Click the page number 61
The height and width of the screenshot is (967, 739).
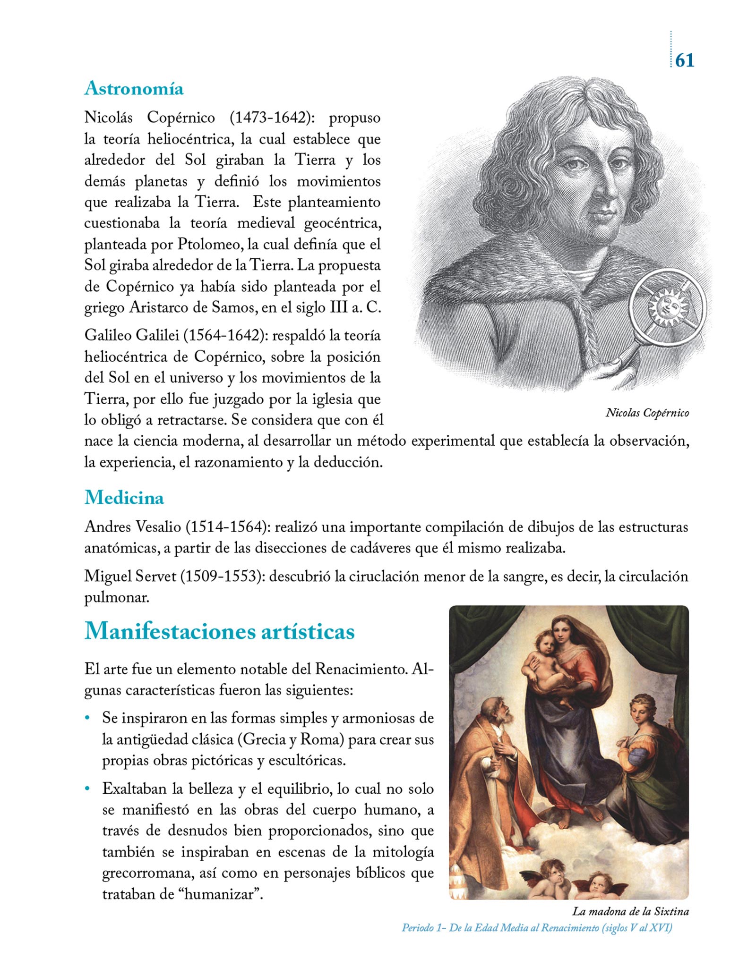click(x=685, y=60)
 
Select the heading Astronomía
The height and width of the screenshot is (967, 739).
click(x=134, y=88)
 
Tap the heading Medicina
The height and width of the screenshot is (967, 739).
click(x=124, y=498)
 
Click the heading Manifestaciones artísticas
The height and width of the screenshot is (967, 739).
click(x=219, y=631)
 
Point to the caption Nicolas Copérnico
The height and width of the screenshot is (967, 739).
click(x=647, y=413)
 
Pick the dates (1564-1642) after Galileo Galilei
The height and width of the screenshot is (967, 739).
click(x=223, y=335)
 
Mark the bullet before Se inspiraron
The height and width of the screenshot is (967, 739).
click(x=87, y=718)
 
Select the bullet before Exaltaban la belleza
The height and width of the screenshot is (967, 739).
click(x=87, y=789)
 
